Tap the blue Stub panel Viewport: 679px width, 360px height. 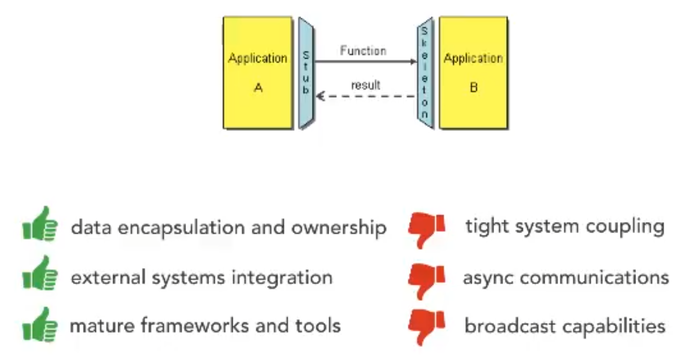(x=306, y=72)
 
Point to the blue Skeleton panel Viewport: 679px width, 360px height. (x=425, y=73)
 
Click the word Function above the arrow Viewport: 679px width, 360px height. (x=363, y=51)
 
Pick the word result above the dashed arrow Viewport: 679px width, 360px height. (x=366, y=86)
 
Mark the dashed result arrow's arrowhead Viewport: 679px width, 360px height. (x=319, y=96)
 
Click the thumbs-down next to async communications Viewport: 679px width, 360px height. (x=426, y=280)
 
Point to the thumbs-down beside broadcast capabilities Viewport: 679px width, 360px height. (x=426, y=327)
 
